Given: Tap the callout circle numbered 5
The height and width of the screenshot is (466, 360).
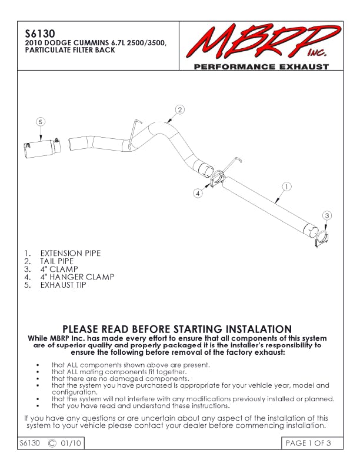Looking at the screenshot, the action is (41, 122).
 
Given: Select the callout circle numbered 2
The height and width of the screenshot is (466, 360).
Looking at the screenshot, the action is (179, 109).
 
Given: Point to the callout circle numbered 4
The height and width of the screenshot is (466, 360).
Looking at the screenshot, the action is (198, 194).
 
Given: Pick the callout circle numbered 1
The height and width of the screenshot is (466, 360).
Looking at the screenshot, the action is (286, 187).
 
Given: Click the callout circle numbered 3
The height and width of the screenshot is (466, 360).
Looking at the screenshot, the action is (326, 215).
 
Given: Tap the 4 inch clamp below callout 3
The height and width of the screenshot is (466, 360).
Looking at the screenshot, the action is (323, 239).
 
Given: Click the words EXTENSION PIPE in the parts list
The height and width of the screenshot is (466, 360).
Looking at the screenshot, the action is (71, 253).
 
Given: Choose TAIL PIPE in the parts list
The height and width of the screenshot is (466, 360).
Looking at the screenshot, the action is (56, 261).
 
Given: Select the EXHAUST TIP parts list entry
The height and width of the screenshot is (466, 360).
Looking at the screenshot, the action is (64, 285).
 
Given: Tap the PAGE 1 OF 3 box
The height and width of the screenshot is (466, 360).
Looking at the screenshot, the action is (312, 443).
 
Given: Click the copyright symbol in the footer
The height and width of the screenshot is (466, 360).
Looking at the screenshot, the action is (52, 443).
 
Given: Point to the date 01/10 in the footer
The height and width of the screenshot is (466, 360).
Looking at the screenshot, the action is (71, 443).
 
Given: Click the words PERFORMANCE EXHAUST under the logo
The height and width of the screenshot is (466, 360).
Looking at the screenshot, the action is (261, 66).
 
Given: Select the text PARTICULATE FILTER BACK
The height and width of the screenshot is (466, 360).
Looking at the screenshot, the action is (70, 50).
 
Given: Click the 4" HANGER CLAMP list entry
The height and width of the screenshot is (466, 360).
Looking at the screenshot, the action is (77, 277).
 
